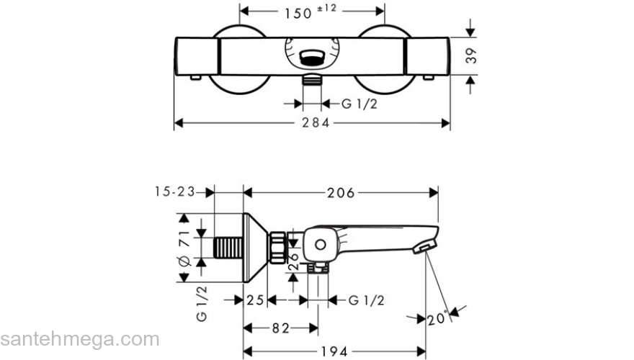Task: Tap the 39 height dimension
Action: pyautogui.click(x=472, y=57)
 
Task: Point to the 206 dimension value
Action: pyautogui.click(x=341, y=192)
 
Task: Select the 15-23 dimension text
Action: pyautogui.click(x=174, y=192)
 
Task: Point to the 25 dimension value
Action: pyautogui.click(x=254, y=300)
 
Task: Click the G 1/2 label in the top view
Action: pyautogui.click(x=359, y=104)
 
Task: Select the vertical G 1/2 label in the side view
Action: pyautogui.click(x=202, y=303)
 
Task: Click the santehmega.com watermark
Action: pyautogui.click(x=79, y=339)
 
